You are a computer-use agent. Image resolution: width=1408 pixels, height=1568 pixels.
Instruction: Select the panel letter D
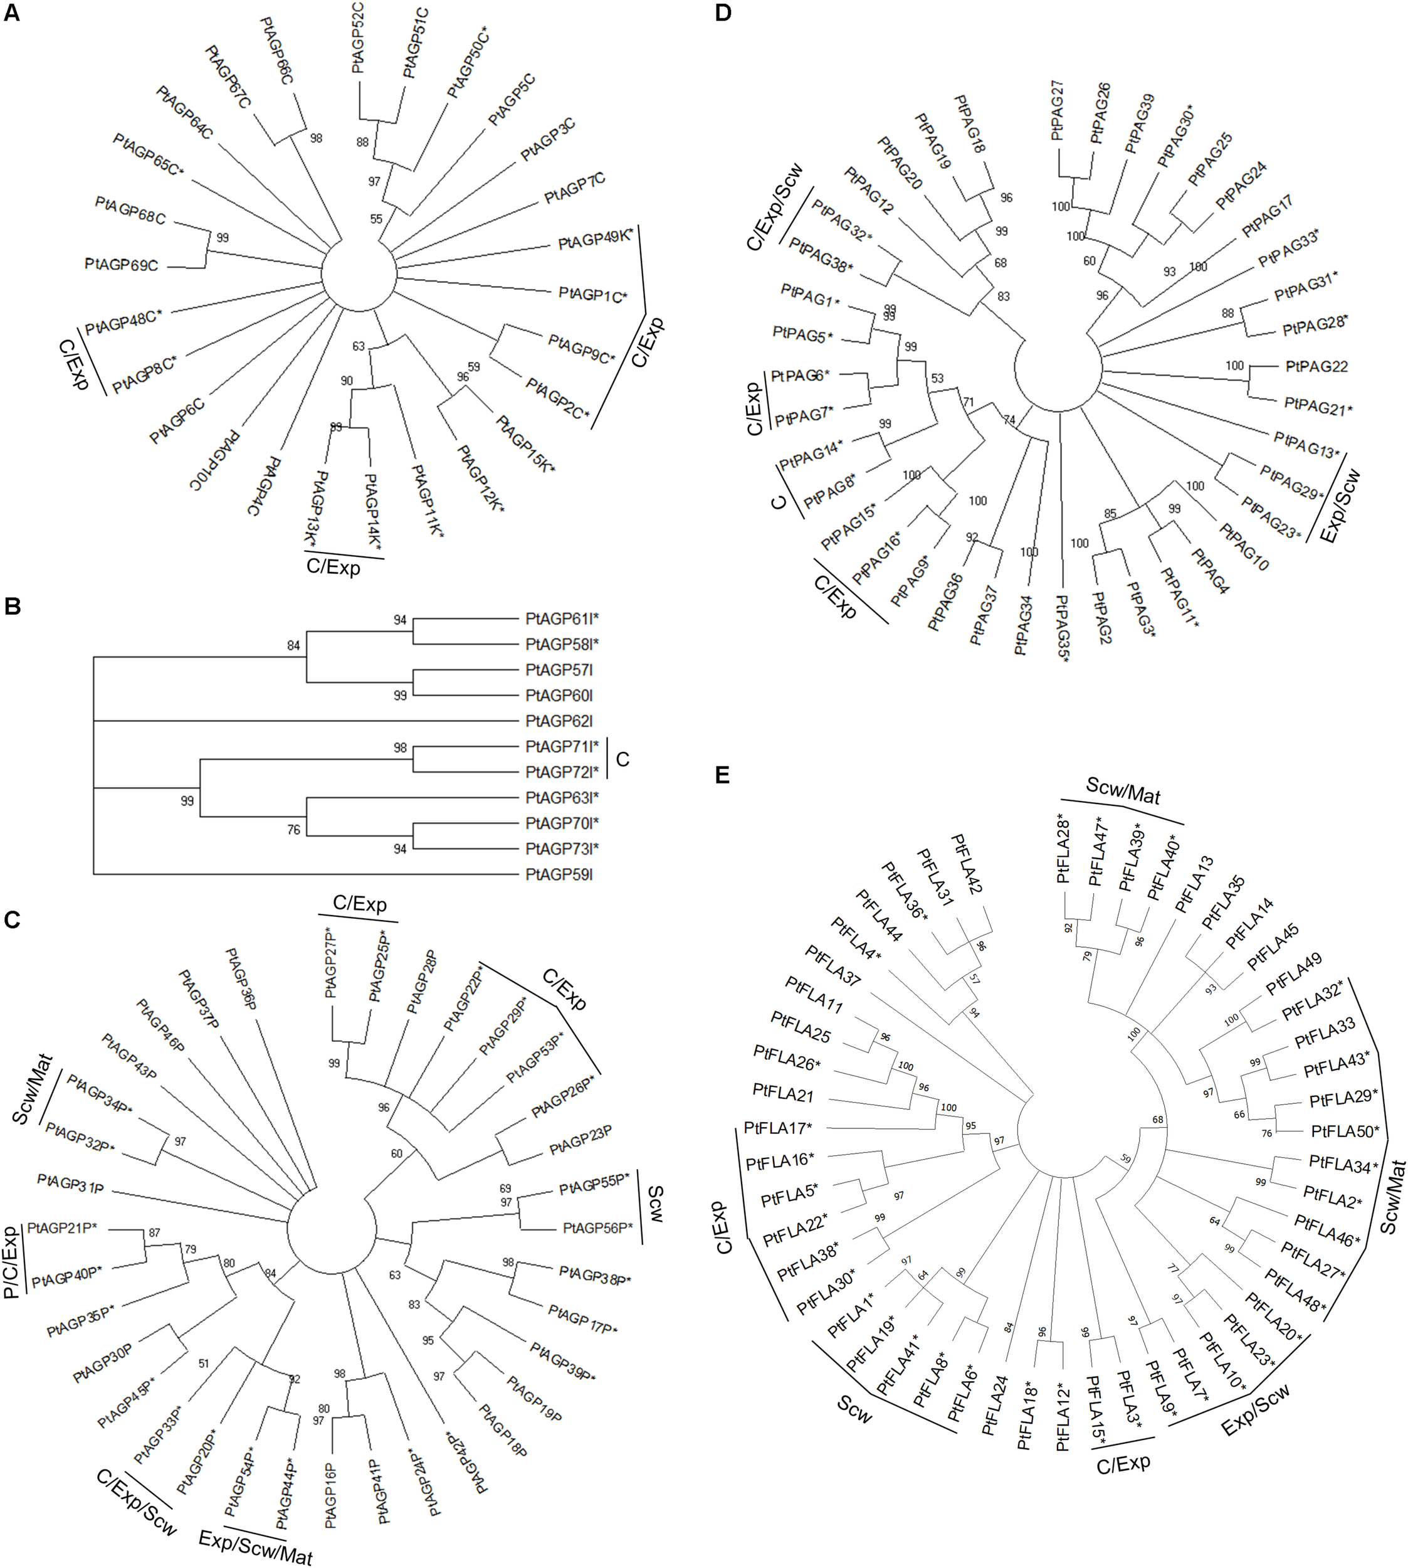point(723,13)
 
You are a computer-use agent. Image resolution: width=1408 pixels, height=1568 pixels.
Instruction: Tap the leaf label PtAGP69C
point(122,265)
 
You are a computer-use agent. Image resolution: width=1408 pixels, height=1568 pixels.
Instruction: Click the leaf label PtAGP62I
point(559,721)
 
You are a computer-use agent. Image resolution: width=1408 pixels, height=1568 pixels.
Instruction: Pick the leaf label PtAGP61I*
point(562,619)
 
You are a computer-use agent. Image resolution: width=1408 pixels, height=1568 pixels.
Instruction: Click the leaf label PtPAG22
point(1316,366)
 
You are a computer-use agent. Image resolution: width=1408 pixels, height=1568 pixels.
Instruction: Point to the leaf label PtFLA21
point(783,1092)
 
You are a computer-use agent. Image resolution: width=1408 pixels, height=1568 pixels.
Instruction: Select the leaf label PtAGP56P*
point(598,1227)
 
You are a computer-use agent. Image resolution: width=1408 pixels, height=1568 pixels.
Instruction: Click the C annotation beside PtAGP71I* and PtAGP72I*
point(622,760)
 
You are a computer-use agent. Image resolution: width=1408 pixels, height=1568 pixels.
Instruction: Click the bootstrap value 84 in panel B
point(293,645)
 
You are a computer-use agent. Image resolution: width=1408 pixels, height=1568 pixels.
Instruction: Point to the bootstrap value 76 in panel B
point(293,830)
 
